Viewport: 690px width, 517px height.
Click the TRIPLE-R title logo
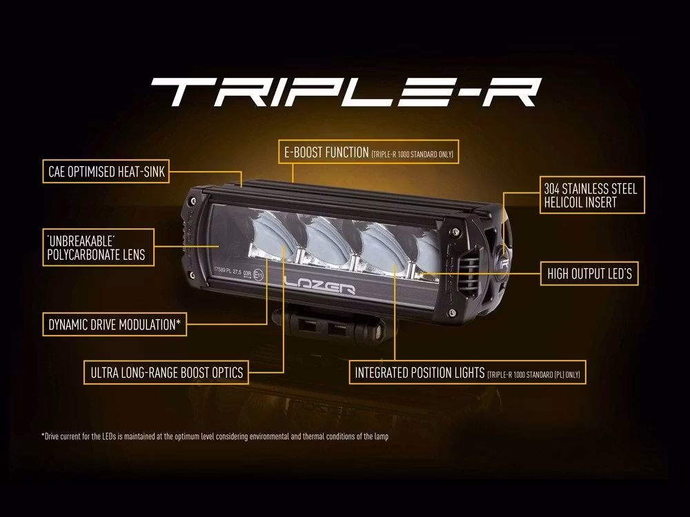point(345,92)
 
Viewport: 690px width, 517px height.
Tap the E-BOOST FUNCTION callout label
point(368,153)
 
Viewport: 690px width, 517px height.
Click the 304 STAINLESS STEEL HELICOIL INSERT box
point(592,195)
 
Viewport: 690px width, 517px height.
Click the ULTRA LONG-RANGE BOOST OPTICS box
point(166,372)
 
